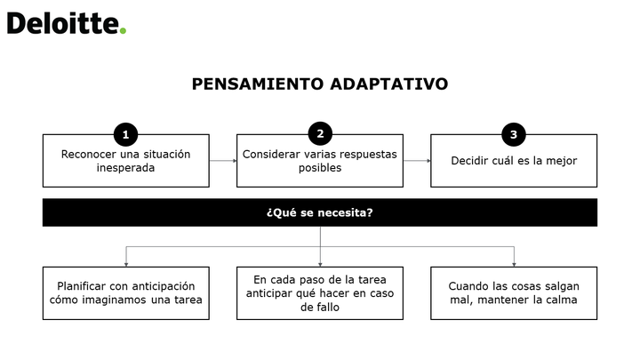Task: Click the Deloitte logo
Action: [67, 23]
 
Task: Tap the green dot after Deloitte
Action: [123, 30]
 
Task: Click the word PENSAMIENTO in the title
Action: [258, 84]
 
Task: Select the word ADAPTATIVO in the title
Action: [389, 84]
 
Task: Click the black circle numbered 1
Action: [125, 134]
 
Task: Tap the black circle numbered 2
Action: [320, 133]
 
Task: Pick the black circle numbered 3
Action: [514, 134]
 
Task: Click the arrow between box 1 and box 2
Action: [223, 161]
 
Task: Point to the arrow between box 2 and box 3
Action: [417, 161]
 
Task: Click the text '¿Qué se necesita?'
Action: [320, 212]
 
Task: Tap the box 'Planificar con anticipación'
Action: [125, 293]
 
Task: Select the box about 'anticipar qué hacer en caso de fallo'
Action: [320, 293]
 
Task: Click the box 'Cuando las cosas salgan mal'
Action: [514, 293]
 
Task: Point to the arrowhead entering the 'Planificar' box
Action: [126, 265]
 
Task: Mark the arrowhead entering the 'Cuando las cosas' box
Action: [514, 265]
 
